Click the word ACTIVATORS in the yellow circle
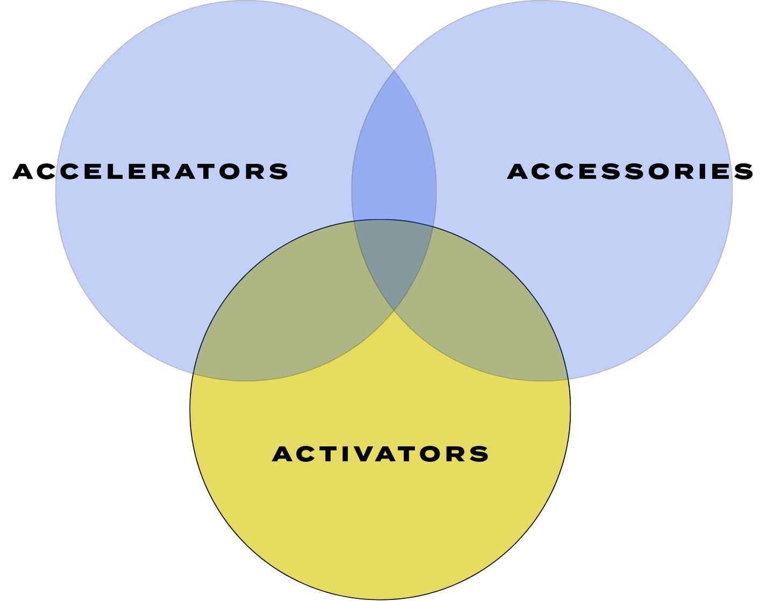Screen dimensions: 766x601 pos(380,454)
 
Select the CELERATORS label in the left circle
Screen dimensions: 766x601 pos(174,171)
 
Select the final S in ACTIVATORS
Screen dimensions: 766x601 pos(479,454)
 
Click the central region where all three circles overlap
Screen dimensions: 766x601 pos(394,258)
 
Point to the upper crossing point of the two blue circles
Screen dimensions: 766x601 pos(394,70)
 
